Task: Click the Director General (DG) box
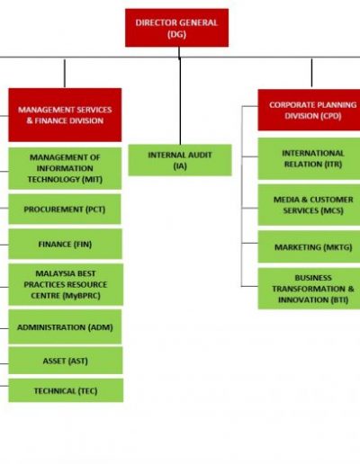pos(176,28)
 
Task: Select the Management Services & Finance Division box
pos(65,115)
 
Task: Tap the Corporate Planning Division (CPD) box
pos(309,110)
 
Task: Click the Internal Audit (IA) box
pos(180,160)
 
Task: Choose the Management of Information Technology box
pos(65,168)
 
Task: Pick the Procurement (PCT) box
pos(65,210)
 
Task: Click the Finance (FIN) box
pos(65,244)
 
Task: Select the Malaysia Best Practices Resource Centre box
pos(66,284)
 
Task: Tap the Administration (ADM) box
pos(65,326)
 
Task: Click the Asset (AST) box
pos(66,361)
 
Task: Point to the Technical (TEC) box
pos(66,390)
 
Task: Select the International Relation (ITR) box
pos(309,158)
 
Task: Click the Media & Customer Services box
pos(309,205)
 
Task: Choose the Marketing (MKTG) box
pos(309,246)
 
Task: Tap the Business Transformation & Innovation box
pos(309,289)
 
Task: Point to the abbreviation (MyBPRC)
pos(82,296)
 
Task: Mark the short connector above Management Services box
pos(65,74)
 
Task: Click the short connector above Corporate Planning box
pos(311,73)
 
